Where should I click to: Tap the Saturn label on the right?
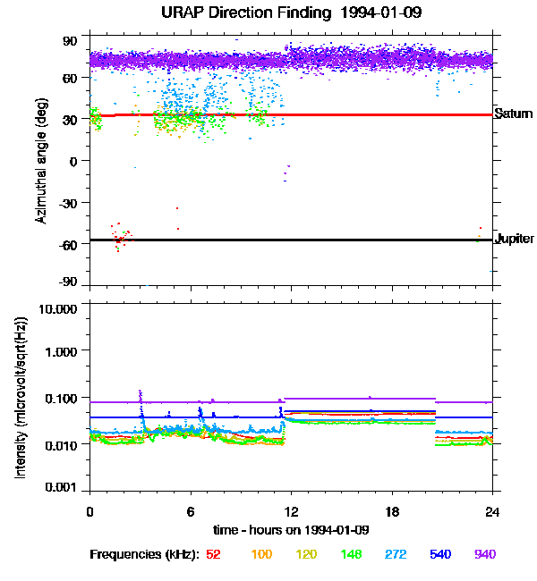click(514, 114)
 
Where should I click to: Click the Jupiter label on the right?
click(515, 239)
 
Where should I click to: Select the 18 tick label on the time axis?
click(392, 512)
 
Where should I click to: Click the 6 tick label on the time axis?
click(191, 512)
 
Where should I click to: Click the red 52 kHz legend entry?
click(213, 555)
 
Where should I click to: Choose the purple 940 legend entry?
click(484, 555)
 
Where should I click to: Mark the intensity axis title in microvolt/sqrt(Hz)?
click(20, 399)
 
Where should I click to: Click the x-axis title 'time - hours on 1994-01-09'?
click(291, 530)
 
